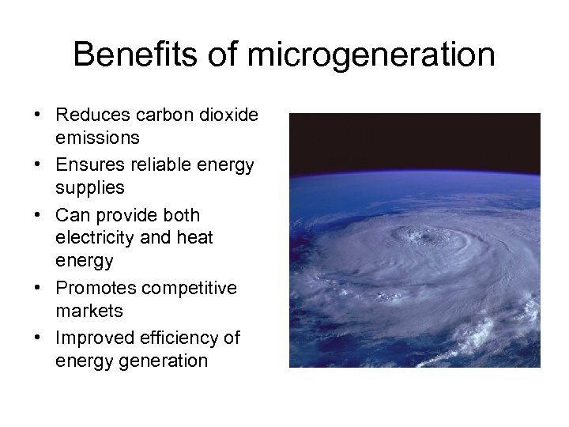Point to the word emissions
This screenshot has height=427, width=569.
pos(98,138)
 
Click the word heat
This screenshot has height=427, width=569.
pos(195,237)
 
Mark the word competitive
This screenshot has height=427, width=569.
pos(191,289)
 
